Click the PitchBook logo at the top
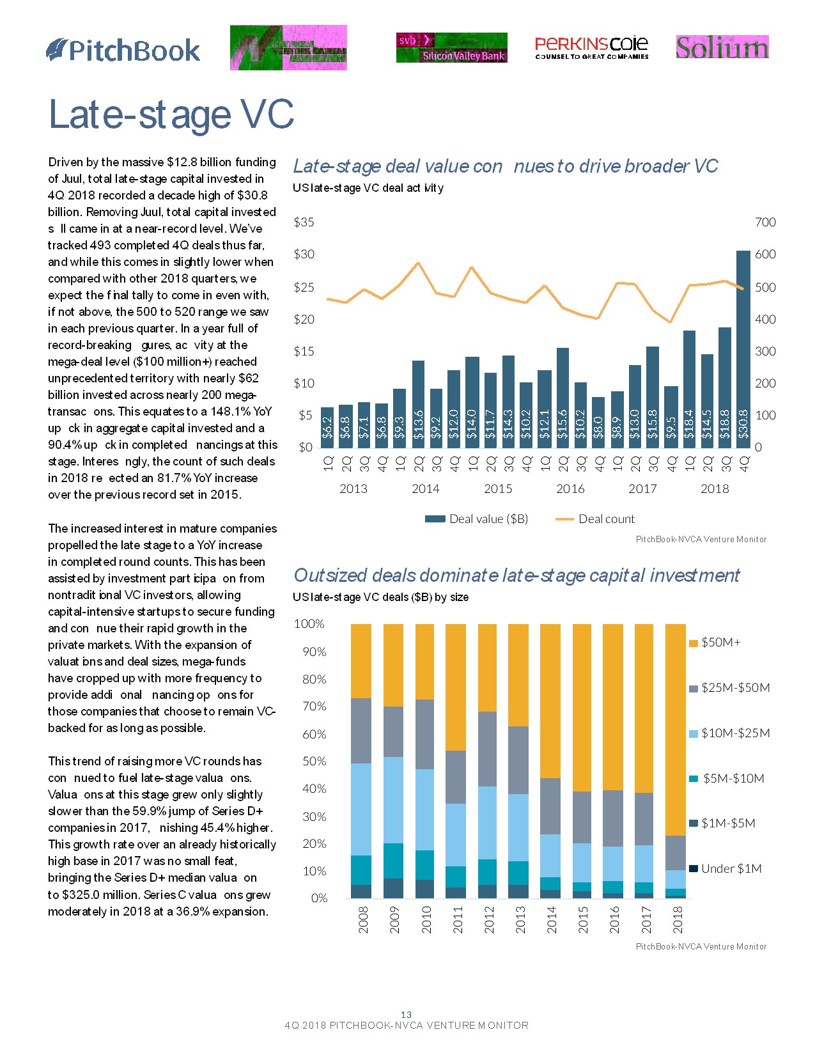123,51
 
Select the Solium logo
722,47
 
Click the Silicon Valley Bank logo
451,48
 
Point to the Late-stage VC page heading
171,115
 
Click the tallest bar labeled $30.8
743,348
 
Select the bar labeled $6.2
327,427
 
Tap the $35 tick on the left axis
304,223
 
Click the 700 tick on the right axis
765,223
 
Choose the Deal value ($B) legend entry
477,519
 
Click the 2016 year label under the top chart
570,489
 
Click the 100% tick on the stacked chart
309,624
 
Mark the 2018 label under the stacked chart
678,919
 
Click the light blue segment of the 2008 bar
361,809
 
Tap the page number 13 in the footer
407,1015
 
